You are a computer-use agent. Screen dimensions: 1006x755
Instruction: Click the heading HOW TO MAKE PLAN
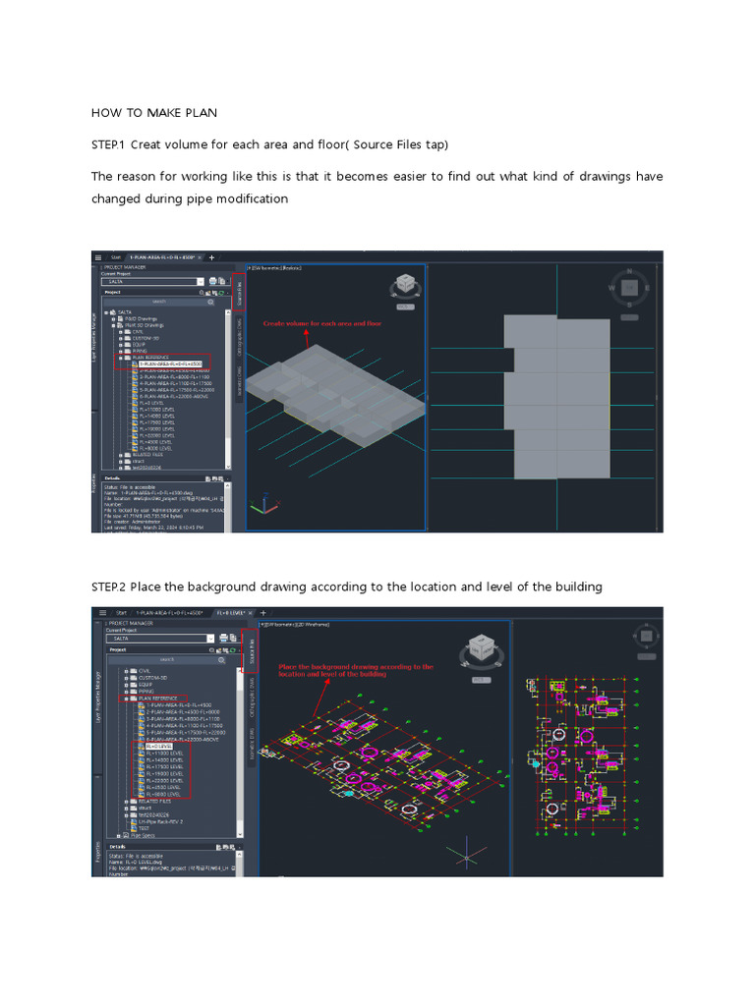click(x=154, y=113)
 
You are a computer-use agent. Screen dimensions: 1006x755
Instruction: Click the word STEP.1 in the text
click(x=108, y=145)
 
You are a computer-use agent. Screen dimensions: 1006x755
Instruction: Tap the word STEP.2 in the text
click(x=108, y=587)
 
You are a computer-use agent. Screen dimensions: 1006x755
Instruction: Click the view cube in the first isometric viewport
click(x=404, y=286)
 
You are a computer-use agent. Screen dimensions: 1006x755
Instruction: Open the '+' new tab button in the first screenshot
click(x=211, y=257)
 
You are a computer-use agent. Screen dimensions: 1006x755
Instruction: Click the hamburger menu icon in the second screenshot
click(x=98, y=612)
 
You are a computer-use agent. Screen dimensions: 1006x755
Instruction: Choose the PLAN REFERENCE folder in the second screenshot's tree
click(x=158, y=699)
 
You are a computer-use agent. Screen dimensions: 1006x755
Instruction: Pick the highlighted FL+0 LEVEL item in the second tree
click(x=157, y=747)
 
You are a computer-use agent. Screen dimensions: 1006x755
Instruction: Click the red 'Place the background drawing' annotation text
click(x=356, y=670)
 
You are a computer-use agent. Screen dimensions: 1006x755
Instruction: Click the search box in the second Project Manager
click(x=167, y=660)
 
